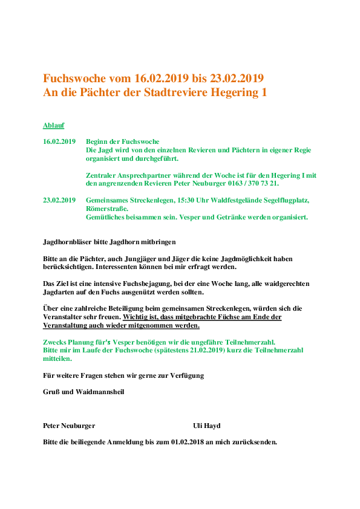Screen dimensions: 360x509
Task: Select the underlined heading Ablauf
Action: (x=53, y=125)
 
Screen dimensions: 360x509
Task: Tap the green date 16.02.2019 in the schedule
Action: (x=59, y=141)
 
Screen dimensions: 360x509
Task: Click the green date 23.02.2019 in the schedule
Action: (x=59, y=200)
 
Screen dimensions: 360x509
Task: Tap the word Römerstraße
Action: (x=106, y=209)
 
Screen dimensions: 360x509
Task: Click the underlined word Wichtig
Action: (x=136, y=317)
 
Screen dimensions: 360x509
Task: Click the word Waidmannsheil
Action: (x=100, y=392)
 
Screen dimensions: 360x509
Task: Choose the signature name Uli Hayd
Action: (x=206, y=426)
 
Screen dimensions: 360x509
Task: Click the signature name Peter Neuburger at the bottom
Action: (x=68, y=426)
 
